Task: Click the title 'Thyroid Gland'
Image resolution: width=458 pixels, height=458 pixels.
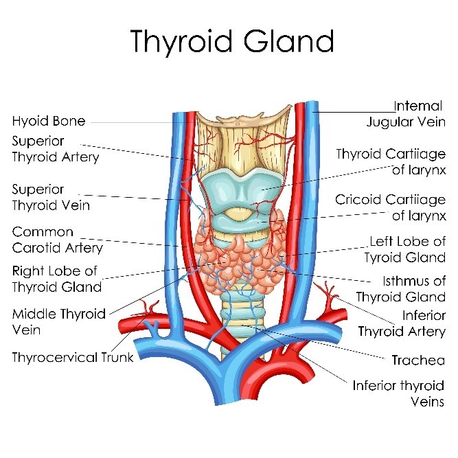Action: point(232,41)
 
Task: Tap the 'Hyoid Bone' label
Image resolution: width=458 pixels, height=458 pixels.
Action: point(49,121)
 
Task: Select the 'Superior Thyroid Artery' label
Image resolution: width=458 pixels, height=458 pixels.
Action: point(56,149)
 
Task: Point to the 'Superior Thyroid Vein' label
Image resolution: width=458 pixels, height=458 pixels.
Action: point(51,198)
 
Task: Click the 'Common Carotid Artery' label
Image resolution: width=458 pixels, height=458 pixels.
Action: point(58,240)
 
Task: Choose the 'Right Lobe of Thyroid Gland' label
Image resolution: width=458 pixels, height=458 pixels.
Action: point(57,279)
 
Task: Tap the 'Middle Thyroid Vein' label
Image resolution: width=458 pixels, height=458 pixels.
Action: point(59,322)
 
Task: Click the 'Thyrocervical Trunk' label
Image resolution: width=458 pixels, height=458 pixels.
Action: point(73,357)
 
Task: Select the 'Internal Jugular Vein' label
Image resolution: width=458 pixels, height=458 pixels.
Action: point(406,114)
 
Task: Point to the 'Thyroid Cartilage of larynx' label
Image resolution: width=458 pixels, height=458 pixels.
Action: point(391,162)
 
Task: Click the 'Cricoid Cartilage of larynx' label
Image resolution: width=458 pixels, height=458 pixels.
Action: point(391,207)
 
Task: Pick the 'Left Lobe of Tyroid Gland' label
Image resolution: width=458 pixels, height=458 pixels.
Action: point(405,249)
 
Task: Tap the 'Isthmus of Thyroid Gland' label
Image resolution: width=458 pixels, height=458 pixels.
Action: point(401,289)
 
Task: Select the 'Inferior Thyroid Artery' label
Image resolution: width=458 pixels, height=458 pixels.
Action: point(402,323)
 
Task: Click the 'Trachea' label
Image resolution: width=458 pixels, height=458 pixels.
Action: point(418,360)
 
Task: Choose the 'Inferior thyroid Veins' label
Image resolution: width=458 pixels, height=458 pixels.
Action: point(398,393)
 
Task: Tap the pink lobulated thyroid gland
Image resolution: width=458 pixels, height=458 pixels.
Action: point(240,257)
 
